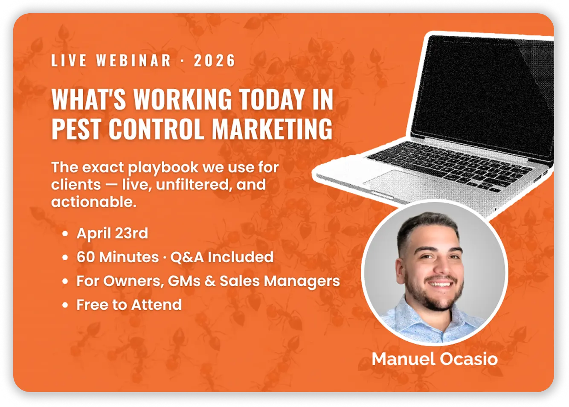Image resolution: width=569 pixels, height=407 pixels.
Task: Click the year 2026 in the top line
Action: pyautogui.click(x=215, y=61)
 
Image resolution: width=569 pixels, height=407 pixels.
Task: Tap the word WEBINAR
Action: pyautogui.click(x=134, y=61)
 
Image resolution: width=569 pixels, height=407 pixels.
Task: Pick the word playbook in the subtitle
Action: pyautogui.click(x=164, y=168)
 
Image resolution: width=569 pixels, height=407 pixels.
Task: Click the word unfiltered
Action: pyautogui.click(x=187, y=185)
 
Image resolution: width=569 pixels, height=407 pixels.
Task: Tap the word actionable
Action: pyautogui.click(x=93, y=202)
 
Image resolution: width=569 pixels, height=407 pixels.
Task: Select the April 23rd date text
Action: pyautogui.click(x=112, y=233)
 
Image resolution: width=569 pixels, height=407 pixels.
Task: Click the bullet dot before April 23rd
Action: pyautogui.click(x=65, y=234)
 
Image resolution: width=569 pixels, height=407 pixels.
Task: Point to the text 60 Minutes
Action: pyautogui.click(x=112, y=257)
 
